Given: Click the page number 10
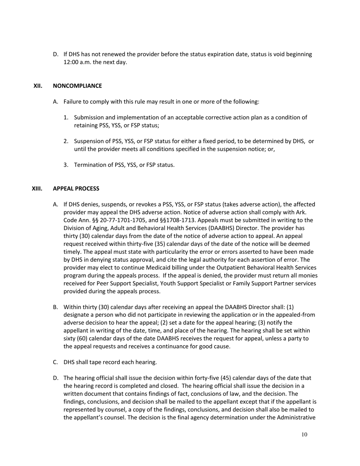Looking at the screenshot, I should pyautogui.click(x=304, y=435).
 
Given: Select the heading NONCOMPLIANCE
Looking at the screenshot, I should pyautogui.click(x=77, y=86).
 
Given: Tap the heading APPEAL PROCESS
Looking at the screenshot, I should pyautogui.click(x=76, y=188).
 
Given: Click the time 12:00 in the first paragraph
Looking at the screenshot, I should pyautogui.click(x=71, y=62).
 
